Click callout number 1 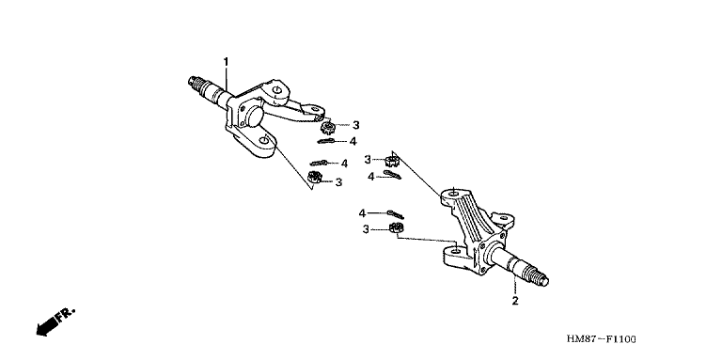(x=226, y=61)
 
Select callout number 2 (x=515, y=301)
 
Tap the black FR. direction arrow (x=46, y=326)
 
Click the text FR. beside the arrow (x=65, y=314)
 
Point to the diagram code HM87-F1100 (x=602, y=339)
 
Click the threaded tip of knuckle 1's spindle (x=196, y=84)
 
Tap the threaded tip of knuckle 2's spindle (x=539, y=277)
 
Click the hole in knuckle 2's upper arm (x=453, y=194)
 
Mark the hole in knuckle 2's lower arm (x=455, y=251)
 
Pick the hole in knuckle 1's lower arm (x=263, y=139)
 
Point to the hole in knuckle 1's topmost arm (x=276, y=90)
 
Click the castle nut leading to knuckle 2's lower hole (x=396, y=227)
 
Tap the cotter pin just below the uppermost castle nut (x=326, y=141)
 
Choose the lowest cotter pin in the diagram (x=395, y=214)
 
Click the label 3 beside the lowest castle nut (x=366, y=229)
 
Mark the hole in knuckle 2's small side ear (x=504, y=217)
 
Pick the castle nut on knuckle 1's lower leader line (x=314, y=177)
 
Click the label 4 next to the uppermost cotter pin (x=353, y=141)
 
